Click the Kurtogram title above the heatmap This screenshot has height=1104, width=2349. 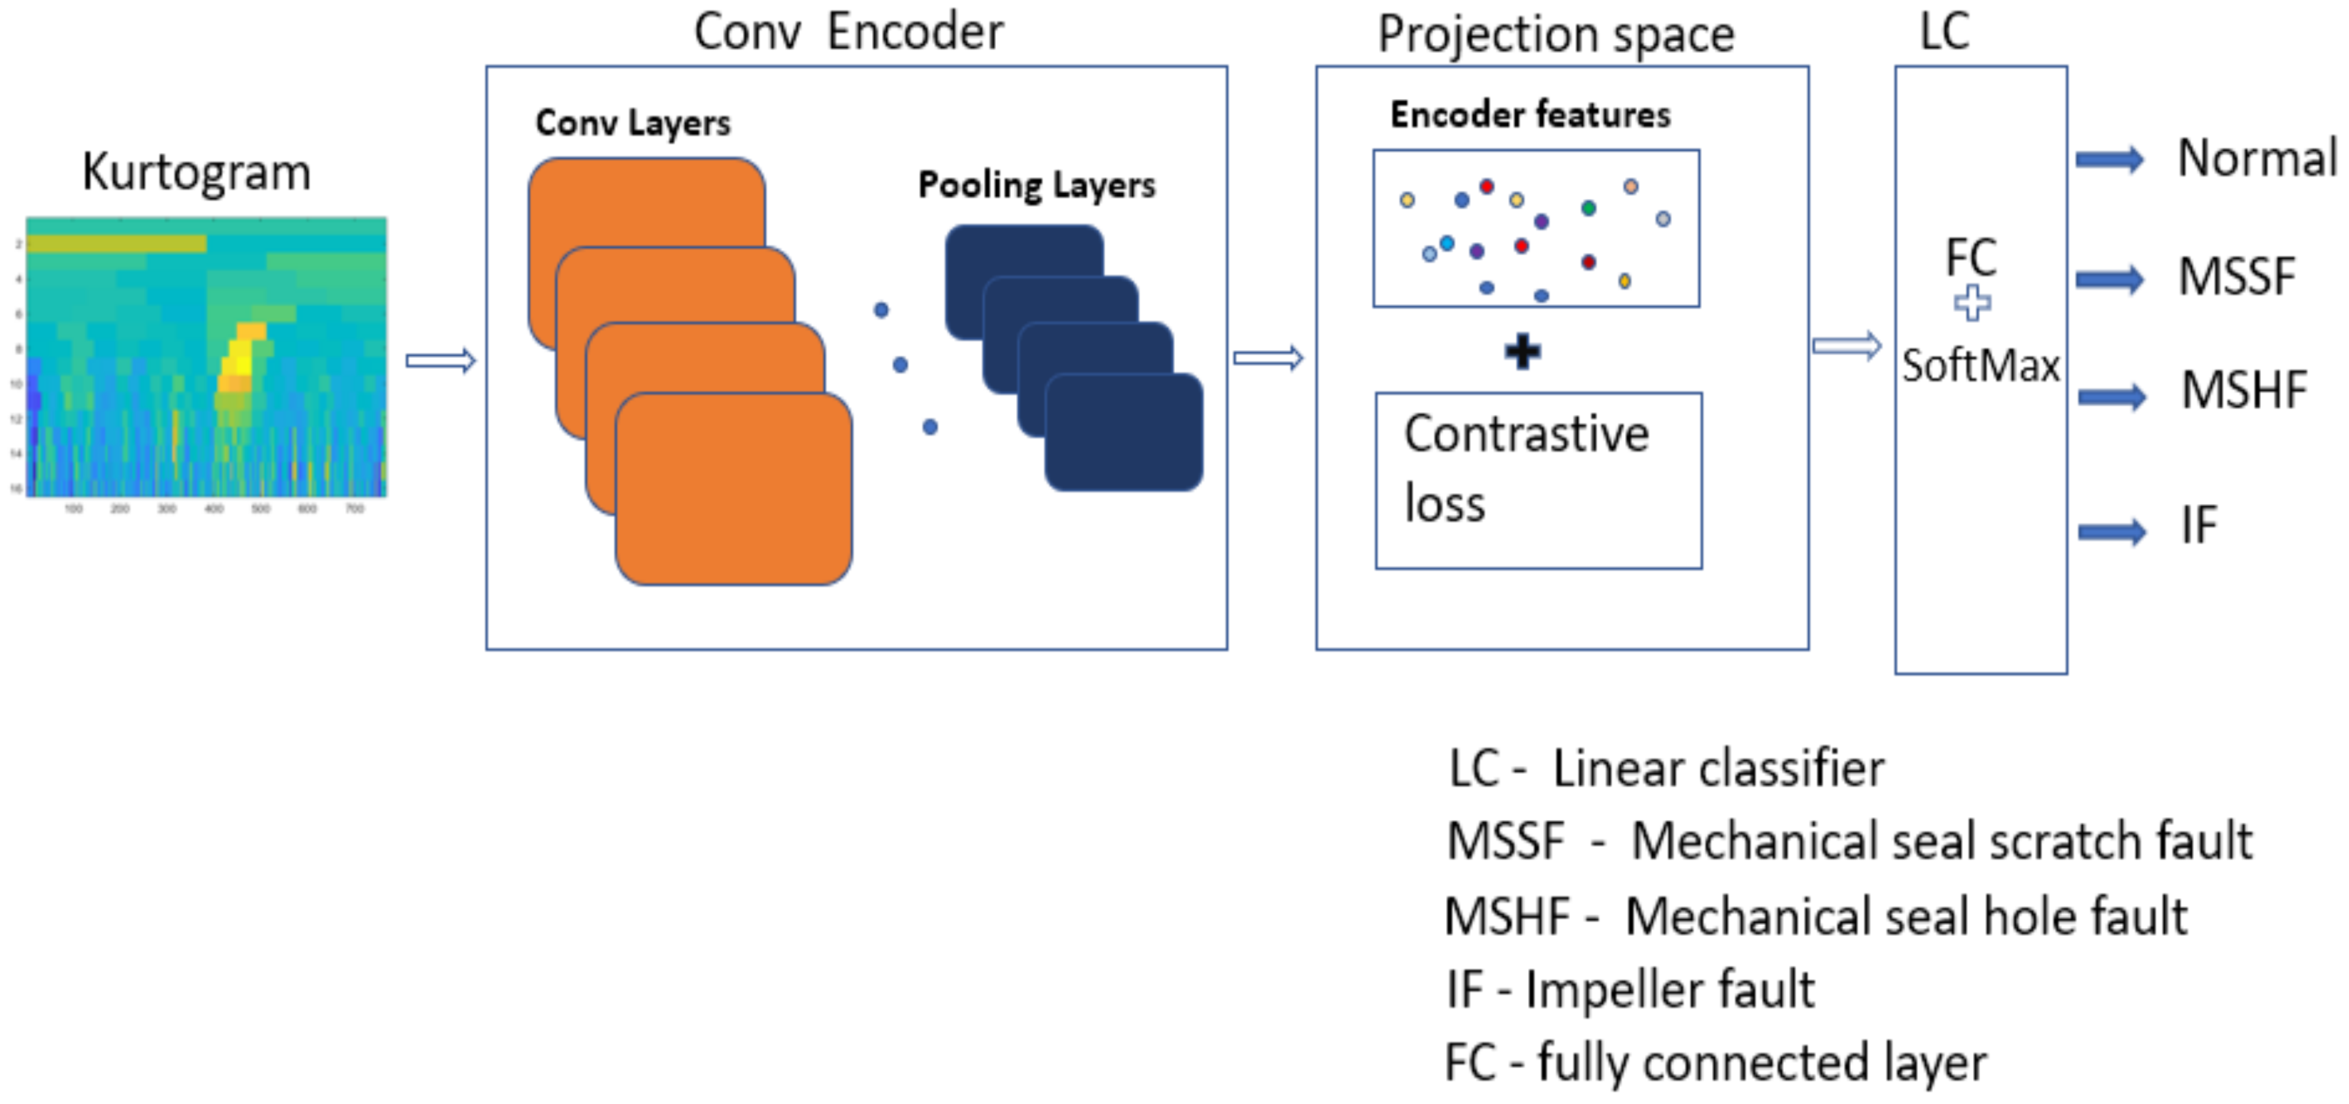tap(196, 172)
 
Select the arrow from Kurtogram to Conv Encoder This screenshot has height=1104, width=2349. tap(440, 360)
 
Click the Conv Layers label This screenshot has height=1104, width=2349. tap(633, 122)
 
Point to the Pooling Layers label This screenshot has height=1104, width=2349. tap(1036, 185)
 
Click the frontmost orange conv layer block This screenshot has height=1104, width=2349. tap(734, 489)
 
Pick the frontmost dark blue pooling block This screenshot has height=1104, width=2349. tap(1124, 432)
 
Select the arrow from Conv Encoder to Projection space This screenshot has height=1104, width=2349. tap(1268, 358)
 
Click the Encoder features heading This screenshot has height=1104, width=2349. tap(1530, 115)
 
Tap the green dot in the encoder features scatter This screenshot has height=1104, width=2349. tap(1588, 208)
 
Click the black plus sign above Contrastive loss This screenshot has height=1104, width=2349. tap(1523, 352)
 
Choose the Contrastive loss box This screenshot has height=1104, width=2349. tap(1538, 480)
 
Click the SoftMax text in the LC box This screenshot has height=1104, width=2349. tap(1981, 366)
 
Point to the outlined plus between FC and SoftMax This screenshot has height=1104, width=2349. tap(1972, 303)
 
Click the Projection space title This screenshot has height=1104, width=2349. tap(1556, 35)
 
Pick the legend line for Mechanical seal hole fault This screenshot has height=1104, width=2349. tap(1815, 916)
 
